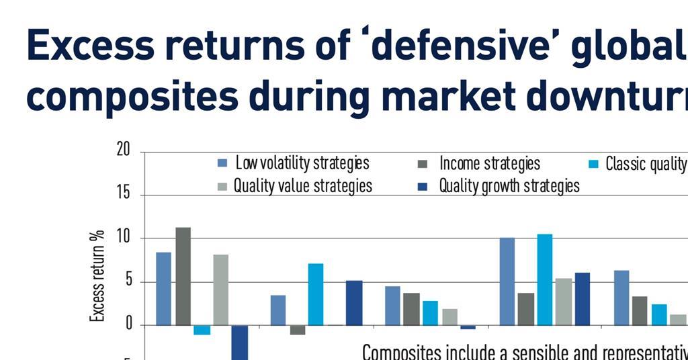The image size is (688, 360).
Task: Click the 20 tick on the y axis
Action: [123, 150]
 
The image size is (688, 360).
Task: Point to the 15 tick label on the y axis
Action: [123, 195]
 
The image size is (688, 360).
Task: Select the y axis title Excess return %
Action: [97, 275]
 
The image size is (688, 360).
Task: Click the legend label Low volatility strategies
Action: [302, 163]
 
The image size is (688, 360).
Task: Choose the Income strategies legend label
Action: [489, 163]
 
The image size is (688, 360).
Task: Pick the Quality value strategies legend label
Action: [302, 185]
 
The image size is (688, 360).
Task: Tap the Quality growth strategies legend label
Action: [509, 185]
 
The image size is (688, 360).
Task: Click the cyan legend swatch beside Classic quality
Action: [594, 164]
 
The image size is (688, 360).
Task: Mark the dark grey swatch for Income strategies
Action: [423, 164]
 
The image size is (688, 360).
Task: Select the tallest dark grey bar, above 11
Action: [183, 276]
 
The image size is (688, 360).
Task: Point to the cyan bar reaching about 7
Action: [315, 294]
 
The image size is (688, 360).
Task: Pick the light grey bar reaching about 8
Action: [220, 289]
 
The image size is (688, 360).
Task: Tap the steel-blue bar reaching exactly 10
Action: [507, 281]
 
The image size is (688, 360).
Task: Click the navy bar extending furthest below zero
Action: [240, 343]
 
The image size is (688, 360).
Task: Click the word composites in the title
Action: [132, 96]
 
